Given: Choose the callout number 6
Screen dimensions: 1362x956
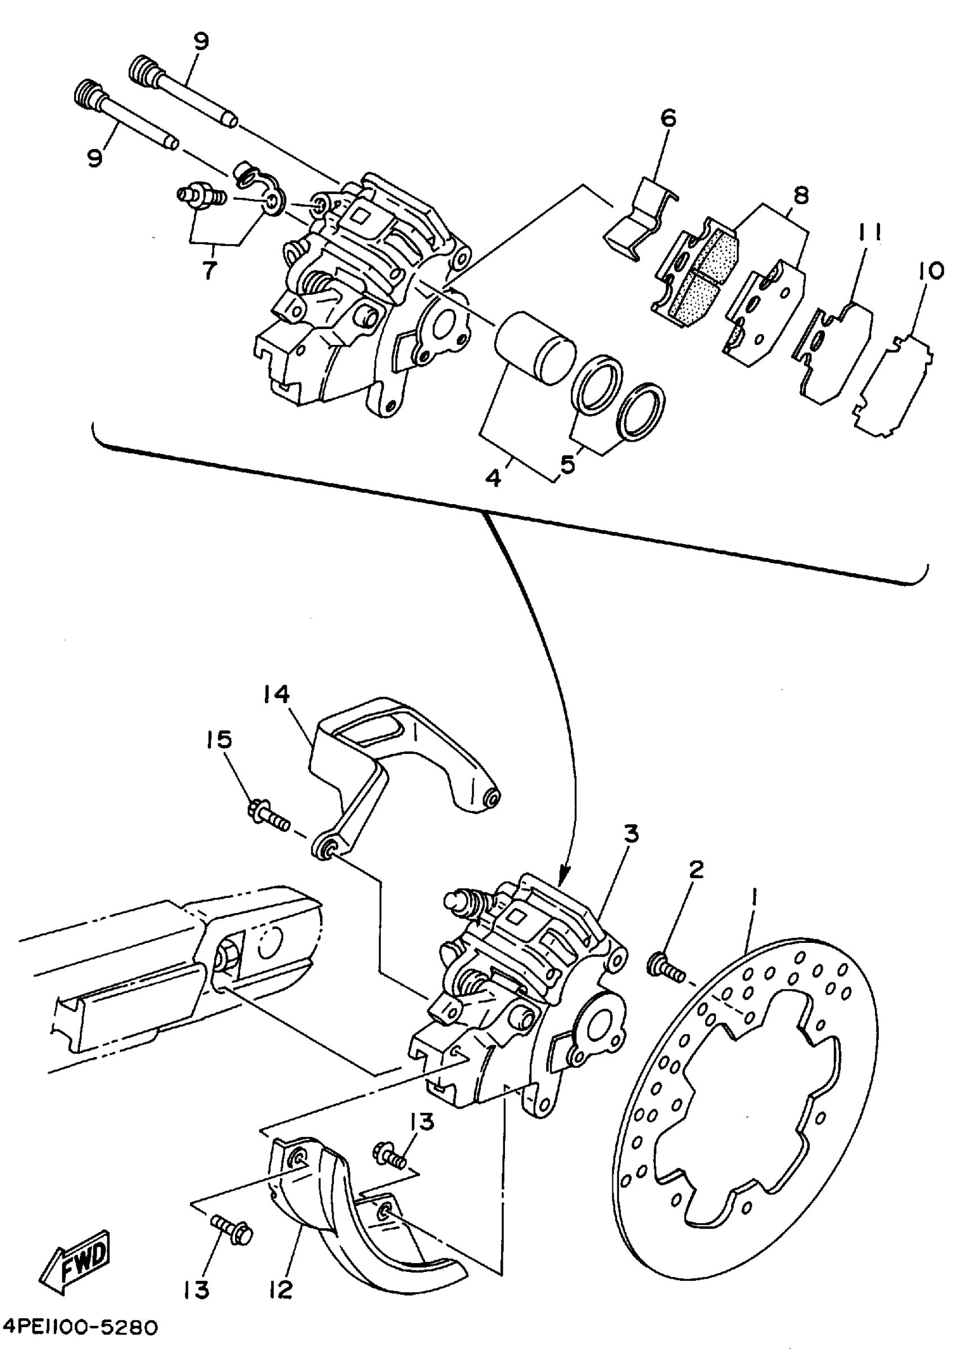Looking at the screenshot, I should (667, 119).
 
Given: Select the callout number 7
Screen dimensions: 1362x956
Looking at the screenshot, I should (209, 270).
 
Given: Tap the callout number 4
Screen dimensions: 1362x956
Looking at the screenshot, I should (492, 478).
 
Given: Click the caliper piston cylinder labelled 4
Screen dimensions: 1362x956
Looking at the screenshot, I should (534, 347).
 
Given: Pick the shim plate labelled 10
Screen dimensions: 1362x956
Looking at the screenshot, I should (894, 385).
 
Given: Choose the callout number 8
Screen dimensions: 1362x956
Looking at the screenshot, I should (800, 196).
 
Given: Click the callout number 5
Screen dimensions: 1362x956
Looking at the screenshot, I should (567, 465).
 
